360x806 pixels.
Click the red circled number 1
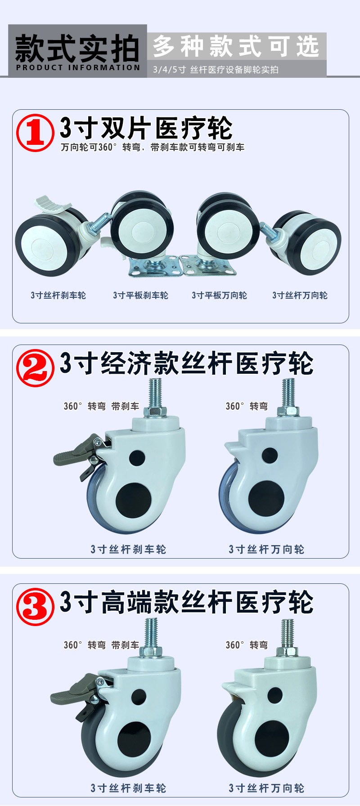point(35,133)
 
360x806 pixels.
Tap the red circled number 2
point(35,368)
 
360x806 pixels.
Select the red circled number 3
point(35,607)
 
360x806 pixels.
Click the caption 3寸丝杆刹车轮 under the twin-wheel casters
point(58,295)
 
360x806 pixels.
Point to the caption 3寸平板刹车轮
point(140,295)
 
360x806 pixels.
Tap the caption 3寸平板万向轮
point(219,295)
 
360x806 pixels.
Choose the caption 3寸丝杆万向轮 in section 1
point(300,295)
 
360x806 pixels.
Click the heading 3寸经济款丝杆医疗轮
point(187,363)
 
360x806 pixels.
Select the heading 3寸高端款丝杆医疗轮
point(187,602)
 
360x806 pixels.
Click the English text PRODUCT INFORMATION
point(78,67)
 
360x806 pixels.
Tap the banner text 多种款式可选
point(236,46)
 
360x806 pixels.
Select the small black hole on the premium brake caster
point(139,697)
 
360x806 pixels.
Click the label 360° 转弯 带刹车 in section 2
point(101,406)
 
